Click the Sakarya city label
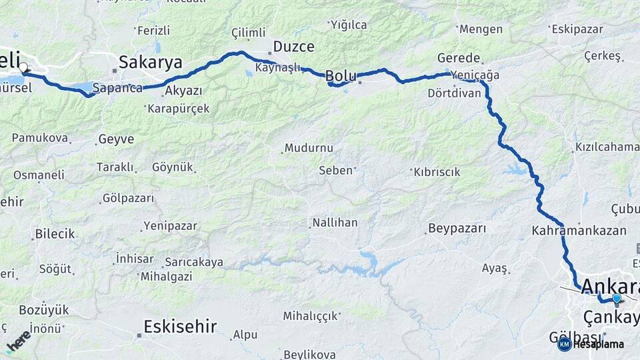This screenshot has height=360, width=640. tap(150, 63)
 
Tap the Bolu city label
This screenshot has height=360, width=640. tap(341, 77)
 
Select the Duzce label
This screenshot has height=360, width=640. tap(293, 47)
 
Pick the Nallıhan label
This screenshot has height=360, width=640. tap(336, 223)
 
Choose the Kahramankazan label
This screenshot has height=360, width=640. tap(579, 231)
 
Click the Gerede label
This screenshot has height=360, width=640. tap(459, 58)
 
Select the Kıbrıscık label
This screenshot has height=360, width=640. tap(437, 172)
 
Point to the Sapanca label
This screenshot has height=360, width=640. tap(117, 87)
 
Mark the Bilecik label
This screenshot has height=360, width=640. tap(55, 234)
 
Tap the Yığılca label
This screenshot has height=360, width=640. tap(348, 25)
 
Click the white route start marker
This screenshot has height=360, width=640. tap(23, 67)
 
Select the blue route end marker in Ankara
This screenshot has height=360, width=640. tap(617, 299)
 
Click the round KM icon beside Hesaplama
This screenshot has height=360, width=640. tap(564, 344)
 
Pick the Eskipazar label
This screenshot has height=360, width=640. tap(577, 29)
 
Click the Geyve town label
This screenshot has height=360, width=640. tap(116, 139)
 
